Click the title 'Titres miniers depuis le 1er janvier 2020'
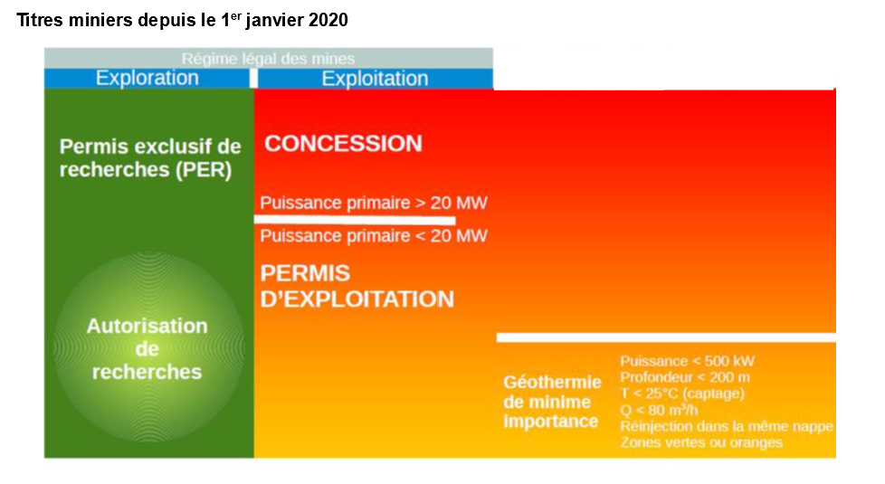(x=182, y=20)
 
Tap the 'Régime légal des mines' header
(x=268, y=59)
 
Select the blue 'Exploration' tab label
(x=147, y=78)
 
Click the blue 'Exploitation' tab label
(x=375, y=79)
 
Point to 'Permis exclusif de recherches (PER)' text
(x=150, y=158)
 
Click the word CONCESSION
(x=343, y=143)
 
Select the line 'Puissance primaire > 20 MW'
(x=374, y=203)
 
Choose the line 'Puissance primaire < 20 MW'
(x=374, y=235)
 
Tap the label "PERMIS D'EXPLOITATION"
(x=357, y=286)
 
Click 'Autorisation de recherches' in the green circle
(x=147, y=348)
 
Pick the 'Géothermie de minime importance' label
(x=552, y=402)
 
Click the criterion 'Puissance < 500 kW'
(x=687, y=361)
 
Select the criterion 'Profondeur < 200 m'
(x=685, y=377)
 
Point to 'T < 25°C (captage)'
(x=681, y=394)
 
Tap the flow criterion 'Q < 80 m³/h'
(x=659, y=410)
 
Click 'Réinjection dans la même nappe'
(x=727, y=426)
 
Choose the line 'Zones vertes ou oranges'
(x=701, y=442)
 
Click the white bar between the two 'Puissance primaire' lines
(x=355, y=220)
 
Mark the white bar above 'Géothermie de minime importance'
(x=666, y=337)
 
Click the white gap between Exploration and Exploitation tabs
(x=253, y=79)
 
